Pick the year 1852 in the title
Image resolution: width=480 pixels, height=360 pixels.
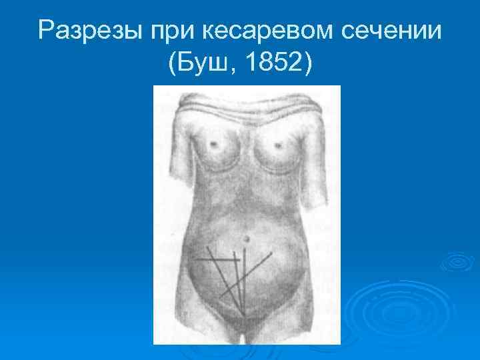click(273, 65)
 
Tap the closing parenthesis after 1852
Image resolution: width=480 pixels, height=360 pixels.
click(307, 65)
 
